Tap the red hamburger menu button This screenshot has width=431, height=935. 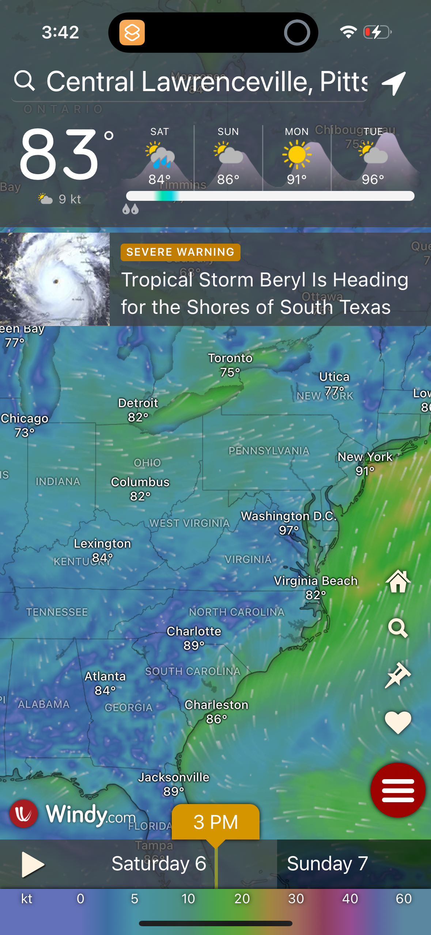398,790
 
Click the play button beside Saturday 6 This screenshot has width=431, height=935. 32,864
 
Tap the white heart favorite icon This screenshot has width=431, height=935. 398,722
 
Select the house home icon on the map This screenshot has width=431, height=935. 398,581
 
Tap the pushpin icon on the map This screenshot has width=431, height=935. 398,675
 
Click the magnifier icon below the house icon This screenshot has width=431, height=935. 398,628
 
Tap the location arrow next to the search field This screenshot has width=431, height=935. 394,83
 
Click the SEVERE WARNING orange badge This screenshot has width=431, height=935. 180,252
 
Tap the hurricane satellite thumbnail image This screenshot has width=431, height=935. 55,279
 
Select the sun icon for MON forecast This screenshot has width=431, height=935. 296,155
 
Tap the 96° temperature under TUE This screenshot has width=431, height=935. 373,180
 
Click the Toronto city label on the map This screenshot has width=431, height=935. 230,358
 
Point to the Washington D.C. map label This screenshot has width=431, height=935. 288,516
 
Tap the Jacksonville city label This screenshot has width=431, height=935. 174,777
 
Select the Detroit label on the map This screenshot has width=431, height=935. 138,403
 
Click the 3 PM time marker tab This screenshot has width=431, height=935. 216,822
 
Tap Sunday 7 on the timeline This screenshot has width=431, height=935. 327,864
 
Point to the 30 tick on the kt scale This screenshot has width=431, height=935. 296,899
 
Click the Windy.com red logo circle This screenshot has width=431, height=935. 24,814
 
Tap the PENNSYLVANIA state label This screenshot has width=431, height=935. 269,451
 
